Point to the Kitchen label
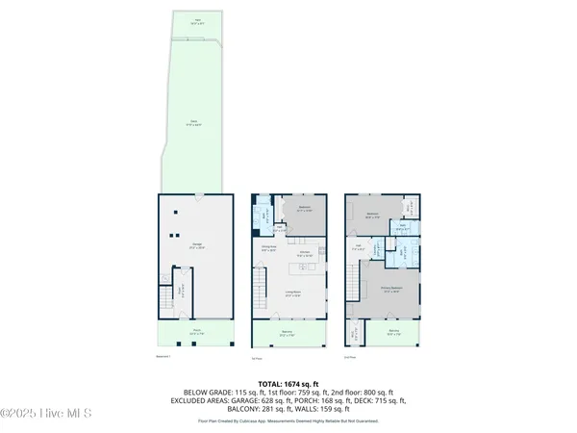click(303, 253)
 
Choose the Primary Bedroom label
click(389, 289)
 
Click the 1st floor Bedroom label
click(304, 209)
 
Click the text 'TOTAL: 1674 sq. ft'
click(288, 383)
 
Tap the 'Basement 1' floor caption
click(168, 356)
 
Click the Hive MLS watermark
click(46, 414)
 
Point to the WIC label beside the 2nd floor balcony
click(354, 333)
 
